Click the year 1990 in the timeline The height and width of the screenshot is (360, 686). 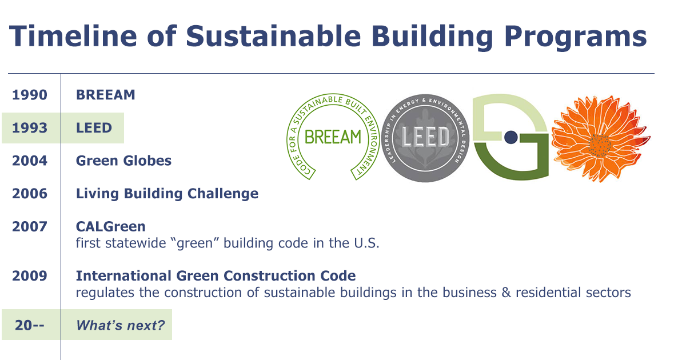point(30,95)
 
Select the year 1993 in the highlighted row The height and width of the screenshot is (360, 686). point(30,128)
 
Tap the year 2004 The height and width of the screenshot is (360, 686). point(30,161)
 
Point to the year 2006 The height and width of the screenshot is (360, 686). point(30,194)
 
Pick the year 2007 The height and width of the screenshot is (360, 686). point(30,227)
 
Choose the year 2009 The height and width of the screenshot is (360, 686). point(30,276)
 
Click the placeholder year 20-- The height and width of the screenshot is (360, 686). point(30,326)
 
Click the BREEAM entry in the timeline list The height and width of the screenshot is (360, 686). point(106,95)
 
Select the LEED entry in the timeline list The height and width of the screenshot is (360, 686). point(94,128)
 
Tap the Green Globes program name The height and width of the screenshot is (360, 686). point(123,161)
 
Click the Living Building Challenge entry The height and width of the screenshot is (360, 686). point(167,194)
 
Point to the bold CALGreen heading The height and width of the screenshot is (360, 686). point(110,227)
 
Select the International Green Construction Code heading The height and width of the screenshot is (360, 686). point(216,276)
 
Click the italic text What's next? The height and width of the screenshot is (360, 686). point(120,326)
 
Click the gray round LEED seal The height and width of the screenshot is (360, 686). point(426,138)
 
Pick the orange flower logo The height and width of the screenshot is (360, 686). point(600,139)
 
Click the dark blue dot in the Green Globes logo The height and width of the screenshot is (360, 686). point(511,137)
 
